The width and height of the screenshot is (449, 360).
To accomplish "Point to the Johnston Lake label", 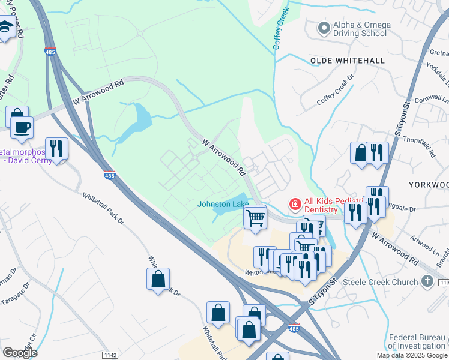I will (x=223, y=204).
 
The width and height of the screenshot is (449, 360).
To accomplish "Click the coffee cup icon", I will (x=22, y=127).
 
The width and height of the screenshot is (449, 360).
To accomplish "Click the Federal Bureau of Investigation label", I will (x=416, y=341).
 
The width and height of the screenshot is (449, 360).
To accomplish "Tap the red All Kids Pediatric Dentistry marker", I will (x=295, y=205).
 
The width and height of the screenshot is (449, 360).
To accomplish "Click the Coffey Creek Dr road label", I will (x=336, y=91).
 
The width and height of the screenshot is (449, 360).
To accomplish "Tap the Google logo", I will (x=20, y=353).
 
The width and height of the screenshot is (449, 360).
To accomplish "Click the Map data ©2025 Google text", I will (x=412, y=355).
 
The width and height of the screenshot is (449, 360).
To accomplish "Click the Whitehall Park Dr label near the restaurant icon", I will (x=103, y=209).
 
